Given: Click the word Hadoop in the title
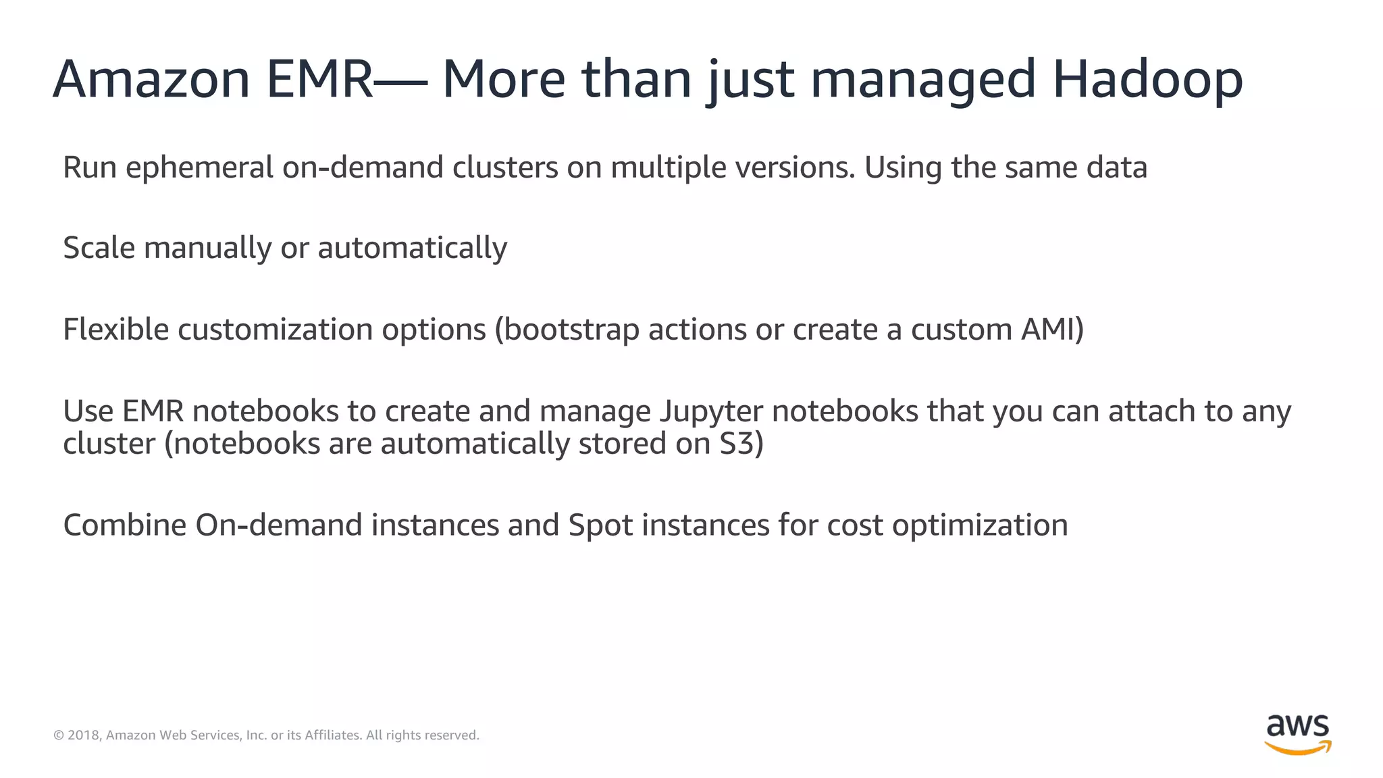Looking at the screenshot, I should (1147, 80).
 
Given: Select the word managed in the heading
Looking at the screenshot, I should (922, 80).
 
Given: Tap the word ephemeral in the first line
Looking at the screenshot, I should (199, 167).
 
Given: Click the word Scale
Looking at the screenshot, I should (99, 248).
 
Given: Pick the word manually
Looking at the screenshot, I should (207, 248).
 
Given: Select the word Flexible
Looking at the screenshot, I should (115, 330).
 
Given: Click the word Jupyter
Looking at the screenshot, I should (711, 411).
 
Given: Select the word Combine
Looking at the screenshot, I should (124, 525).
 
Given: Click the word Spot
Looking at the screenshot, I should (600, 525).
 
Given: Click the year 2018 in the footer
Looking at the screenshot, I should (84, 735).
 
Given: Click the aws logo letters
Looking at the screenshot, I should (1297, 726).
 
